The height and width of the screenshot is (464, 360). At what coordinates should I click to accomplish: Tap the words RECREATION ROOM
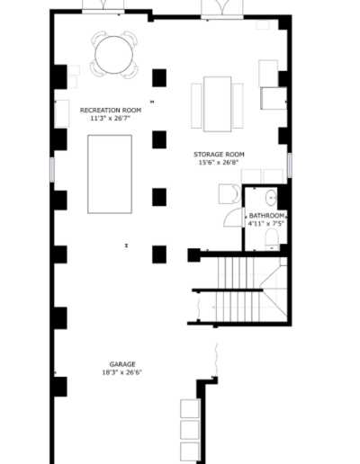[111, 110]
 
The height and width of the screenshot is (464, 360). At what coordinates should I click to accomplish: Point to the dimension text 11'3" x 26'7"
[111, 118]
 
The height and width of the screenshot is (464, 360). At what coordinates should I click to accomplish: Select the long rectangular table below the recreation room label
[109, 174]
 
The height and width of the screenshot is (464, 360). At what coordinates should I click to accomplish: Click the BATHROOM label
[267, 216]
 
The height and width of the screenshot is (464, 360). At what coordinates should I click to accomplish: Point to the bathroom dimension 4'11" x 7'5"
[267, 224]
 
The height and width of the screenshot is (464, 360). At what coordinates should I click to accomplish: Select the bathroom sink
[271, 197]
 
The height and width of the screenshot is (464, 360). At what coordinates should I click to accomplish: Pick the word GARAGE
[122, 364]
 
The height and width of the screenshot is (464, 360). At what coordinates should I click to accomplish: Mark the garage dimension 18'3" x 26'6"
[122, 372]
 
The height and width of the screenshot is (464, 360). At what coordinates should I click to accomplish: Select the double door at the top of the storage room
[219, 9]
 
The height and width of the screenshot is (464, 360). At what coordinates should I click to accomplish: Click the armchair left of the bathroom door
[229, 193]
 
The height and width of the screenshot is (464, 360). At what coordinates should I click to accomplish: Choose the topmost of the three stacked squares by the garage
[189, 408]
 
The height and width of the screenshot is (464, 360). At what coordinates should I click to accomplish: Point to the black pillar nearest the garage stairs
[193, 255]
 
